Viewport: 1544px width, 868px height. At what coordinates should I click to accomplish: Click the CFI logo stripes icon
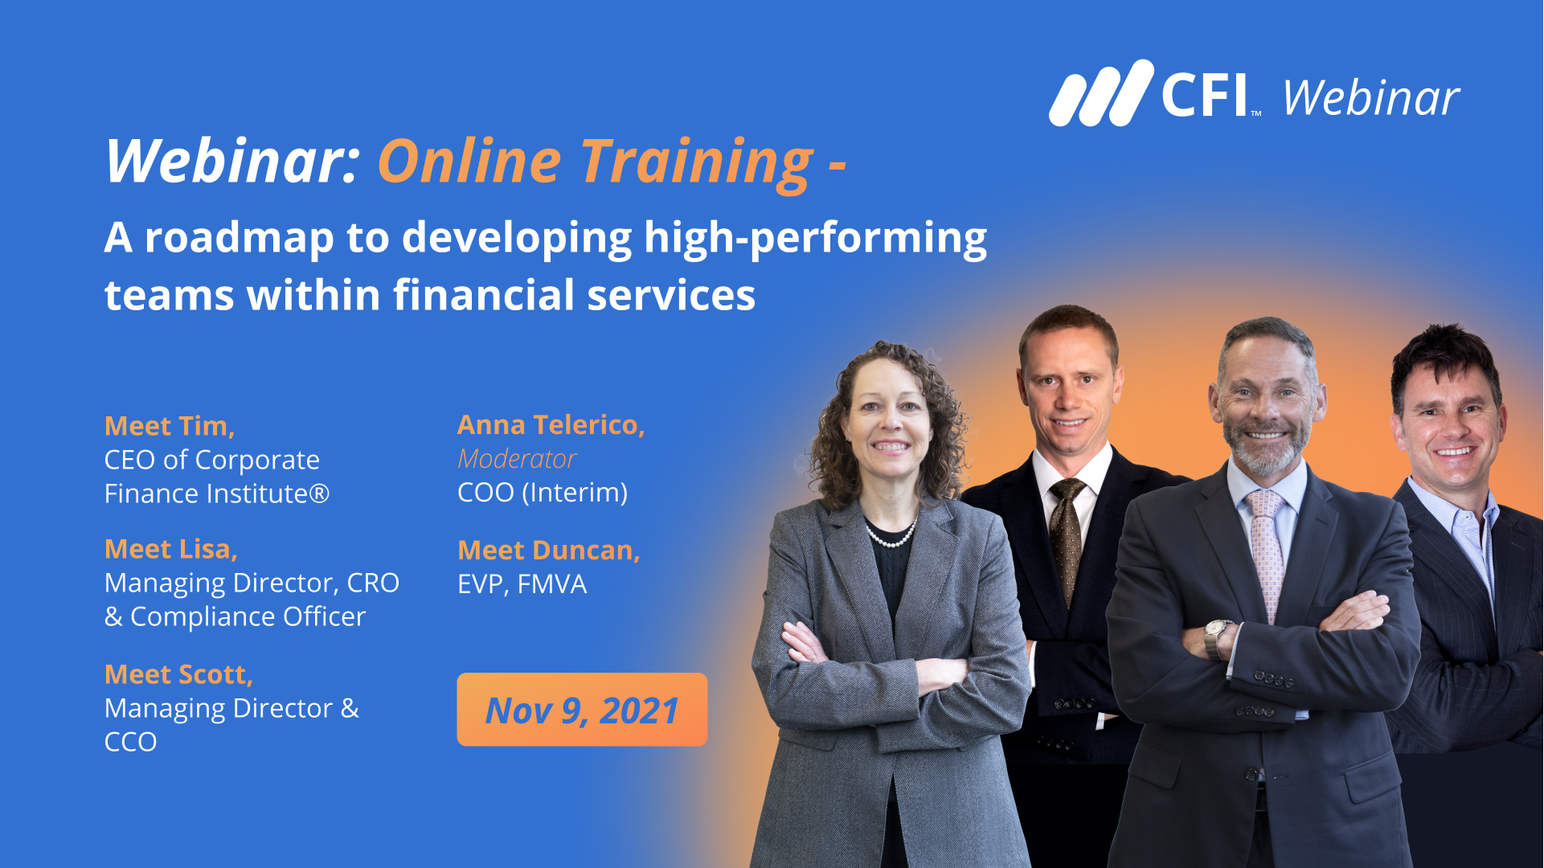[x=1101, y=93]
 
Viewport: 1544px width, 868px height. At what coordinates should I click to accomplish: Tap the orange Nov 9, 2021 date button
[x=582, y=710]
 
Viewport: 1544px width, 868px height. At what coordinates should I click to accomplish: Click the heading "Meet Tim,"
[x=170, y=425]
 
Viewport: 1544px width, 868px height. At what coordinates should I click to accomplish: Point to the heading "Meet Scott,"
[x=179, y=674]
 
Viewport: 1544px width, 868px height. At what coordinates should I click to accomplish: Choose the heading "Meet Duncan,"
[x=549, y=550]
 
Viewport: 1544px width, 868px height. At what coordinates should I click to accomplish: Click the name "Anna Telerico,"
[x=551, y=424]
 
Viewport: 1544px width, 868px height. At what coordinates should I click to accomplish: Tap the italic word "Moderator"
[x=517, y=458]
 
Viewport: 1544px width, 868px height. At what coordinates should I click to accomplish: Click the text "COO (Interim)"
[x=543, y=492]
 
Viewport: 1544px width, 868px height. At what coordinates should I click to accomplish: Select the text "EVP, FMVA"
[x=522, y=583]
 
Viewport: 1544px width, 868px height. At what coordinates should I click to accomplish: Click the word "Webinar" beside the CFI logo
[x=1371, y=98]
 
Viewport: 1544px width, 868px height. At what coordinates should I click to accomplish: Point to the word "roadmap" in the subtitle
[x=239, y=238]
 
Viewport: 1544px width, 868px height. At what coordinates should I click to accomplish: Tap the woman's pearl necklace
[x=891, y=534]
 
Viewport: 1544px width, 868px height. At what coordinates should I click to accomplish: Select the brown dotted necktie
[x=1067, y=538]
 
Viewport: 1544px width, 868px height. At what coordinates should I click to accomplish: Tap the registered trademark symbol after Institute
[x=319, y=493]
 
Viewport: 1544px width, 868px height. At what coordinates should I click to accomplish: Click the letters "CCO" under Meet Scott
[x=130, y=741]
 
